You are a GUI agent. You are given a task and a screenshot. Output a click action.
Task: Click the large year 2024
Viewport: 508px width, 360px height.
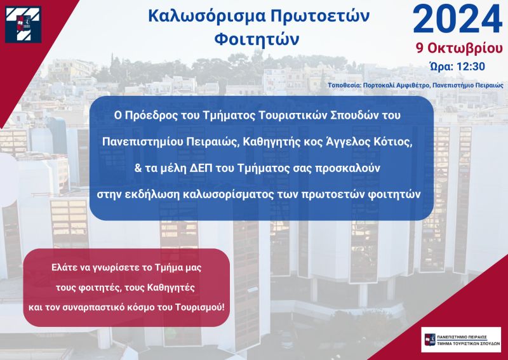(x=457, y=20)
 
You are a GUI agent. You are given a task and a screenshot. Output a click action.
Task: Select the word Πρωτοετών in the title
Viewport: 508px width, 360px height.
(x=320, y=17)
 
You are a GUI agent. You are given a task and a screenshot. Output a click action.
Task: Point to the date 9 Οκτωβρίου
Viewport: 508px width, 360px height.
(x=459, y=48)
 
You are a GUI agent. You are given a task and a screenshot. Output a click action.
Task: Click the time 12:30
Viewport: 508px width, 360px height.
(x=471, y=67)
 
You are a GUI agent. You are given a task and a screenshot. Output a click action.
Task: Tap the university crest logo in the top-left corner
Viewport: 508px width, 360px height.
(x=23, y=24)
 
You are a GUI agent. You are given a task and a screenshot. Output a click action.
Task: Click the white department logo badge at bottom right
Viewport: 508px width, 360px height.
(x=461, y=340)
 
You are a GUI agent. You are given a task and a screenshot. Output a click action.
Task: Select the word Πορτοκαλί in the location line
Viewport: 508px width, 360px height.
(x=378, y=86)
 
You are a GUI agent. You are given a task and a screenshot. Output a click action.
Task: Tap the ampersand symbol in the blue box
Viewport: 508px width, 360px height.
(x=138, y=168)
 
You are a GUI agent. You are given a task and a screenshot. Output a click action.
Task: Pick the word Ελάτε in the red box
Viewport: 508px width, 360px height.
(x=64, y=268)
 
